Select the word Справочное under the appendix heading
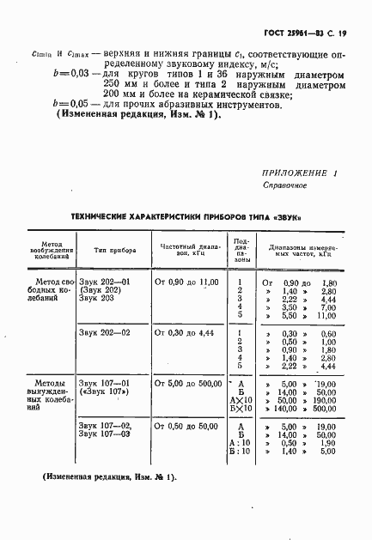(284, 185)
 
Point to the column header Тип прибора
(112, 249)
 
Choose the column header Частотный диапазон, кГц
(186, 249)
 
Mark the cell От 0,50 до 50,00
(186, 426)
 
